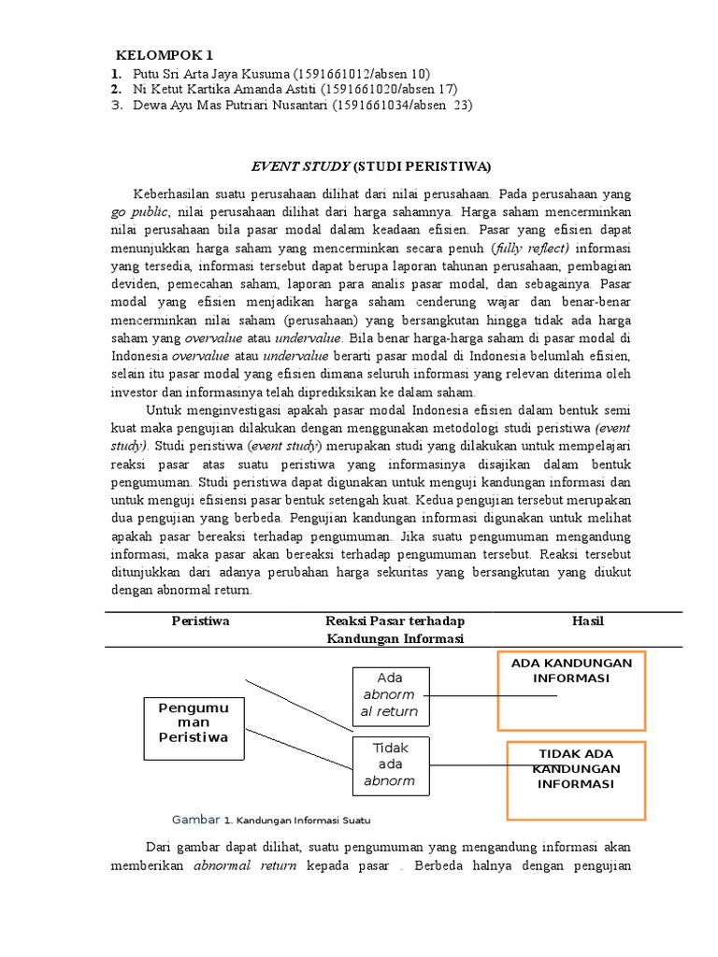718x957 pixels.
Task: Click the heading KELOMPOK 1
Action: point(170,54)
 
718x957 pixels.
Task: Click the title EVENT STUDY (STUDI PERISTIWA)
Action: point(371,167)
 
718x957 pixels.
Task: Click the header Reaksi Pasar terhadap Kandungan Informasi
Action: point(395,629)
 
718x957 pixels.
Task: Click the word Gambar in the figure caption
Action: point(196,820)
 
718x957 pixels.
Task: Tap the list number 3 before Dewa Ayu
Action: point(115,106)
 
